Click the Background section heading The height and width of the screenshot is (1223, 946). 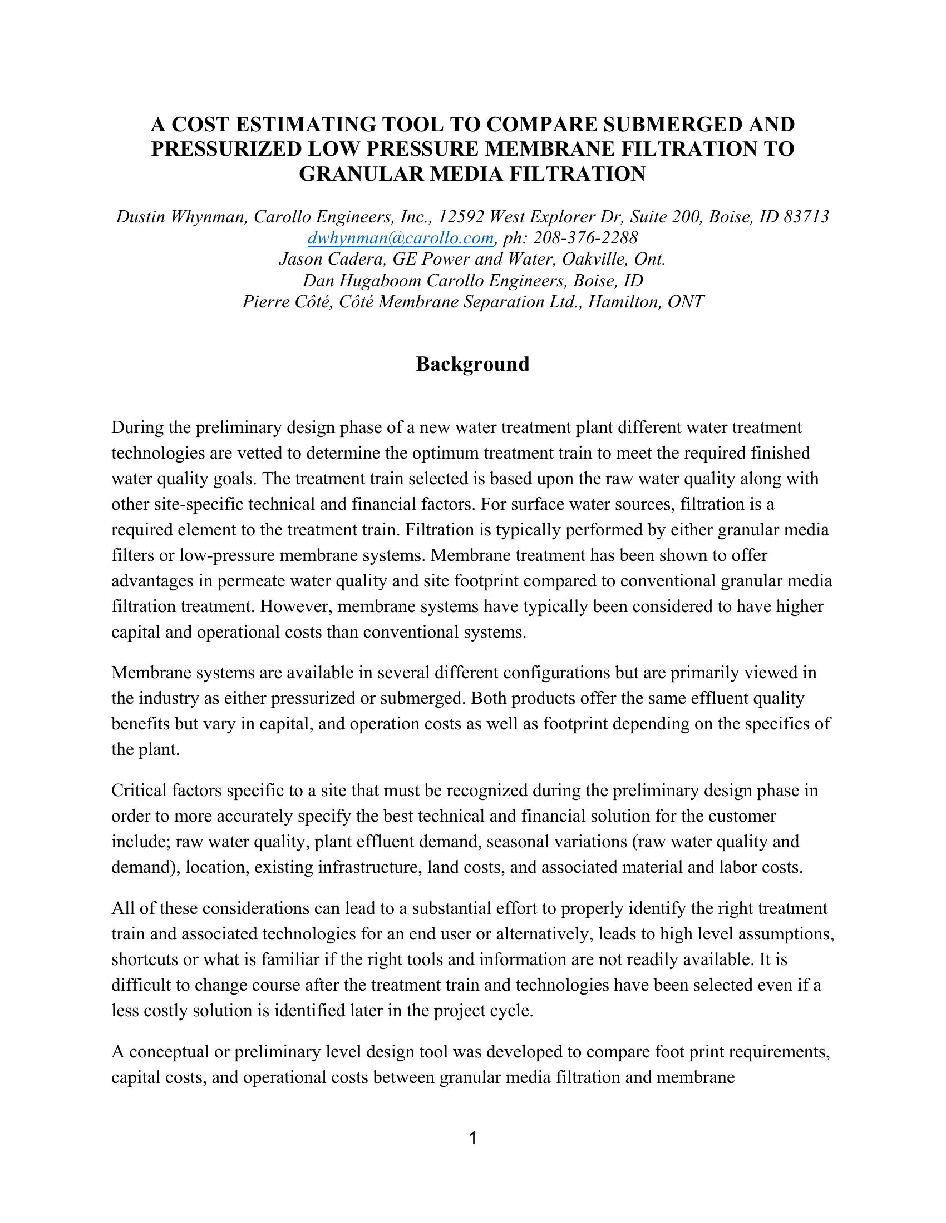(472, 364)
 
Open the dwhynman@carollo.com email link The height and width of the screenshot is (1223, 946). (400, 238)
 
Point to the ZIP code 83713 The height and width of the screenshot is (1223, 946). (806, 217)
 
